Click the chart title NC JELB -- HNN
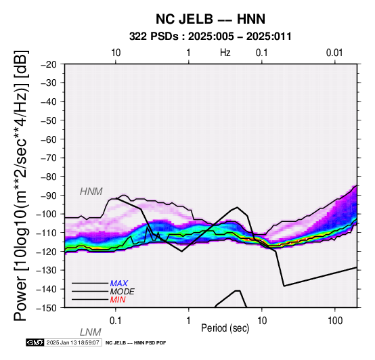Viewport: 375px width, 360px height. pyautogui.click(x=211, y=19)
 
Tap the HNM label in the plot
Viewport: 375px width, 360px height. pyautogui.click(x=91, y=192)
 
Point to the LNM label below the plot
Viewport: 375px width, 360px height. pyautogui.click(x=91, y=332)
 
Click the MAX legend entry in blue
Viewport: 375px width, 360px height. pyautogui.click(x=119, y=284)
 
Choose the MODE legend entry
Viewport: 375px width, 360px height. pyautogui.click(x=123, y=292)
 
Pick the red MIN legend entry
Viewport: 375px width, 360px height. pyautogui.click(x=118, y=300)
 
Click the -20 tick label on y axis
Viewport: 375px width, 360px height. pyautogui.click(x=48, y=64)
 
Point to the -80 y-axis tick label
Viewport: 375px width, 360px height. pyautogui.click(x=48, y=177)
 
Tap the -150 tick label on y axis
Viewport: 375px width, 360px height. pyautogui.click(x=46, y=308)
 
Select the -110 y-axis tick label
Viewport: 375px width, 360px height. pyautogui.click(x=46, y=233)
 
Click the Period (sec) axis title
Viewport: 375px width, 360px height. pyautogui.click(x=225, y=328)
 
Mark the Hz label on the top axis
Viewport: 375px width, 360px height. pyautogui.click(x=225, y=53)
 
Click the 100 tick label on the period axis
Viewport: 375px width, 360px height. pyautogui.click(x=335, y=321)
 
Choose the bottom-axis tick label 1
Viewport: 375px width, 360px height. pyautogui.click(x=189, y=321)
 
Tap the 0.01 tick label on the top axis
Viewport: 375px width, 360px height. pyautogui.click(x=334, y=53)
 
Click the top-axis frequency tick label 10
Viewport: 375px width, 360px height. pyautogui.click(x=116, y=53)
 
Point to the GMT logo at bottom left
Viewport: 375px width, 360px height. pyautogui.click(x=35, y=342)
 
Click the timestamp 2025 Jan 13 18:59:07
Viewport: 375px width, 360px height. pyautogui.click(x=72, y=342)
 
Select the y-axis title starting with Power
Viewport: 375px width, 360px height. pyautogui.click(x=21, y=185)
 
